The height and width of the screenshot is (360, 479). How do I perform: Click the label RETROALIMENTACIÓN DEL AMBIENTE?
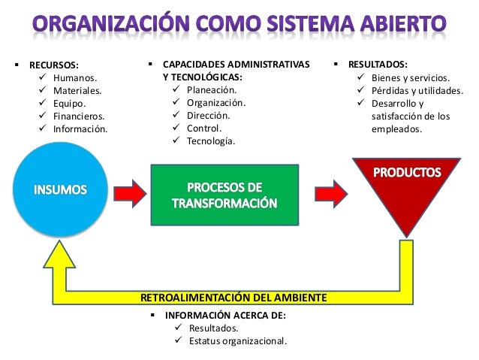[x=233, y=298]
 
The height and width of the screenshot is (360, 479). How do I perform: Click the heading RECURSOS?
[x=53, y=65]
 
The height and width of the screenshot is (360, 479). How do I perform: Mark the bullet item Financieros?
[x=78, y=116]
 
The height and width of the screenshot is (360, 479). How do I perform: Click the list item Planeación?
[x=212, y=90]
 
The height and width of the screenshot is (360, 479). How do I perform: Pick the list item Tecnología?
[x=211, y=141]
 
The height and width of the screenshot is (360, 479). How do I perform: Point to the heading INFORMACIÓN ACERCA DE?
[x=225, y=316]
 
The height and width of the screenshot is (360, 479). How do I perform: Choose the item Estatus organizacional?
[x=237, y=340]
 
